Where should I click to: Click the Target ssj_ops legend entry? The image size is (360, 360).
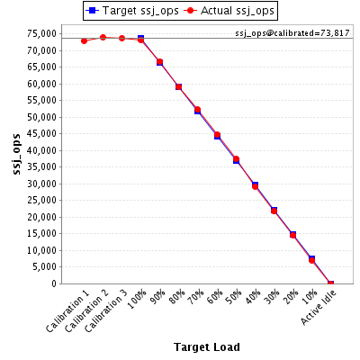[x=132, y=11]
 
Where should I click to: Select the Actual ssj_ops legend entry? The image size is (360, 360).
[x=229, y=11]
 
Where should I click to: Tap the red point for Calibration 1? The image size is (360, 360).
[x=84, y=40]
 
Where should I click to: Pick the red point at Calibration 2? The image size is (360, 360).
[x=103, y=38]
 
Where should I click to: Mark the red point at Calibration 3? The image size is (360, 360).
[x=121, y=39]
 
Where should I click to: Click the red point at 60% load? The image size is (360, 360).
[x=217, y=135]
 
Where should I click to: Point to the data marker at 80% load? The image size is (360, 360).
[x=178, y=87]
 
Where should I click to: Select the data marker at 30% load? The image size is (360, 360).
[x=274, y=211]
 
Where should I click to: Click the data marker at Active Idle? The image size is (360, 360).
[x=330, y=283]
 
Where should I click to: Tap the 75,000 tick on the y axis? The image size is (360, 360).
[x=41, y=33]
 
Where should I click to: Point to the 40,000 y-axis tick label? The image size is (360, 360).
[x=41, y=150]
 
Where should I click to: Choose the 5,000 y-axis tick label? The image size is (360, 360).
[x=44, y=266]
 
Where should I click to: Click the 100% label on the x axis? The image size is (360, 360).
[x=137, y=299]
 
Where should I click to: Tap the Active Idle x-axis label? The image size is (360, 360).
[x=319, y=308]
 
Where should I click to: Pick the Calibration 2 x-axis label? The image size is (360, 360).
[x=86, y=311]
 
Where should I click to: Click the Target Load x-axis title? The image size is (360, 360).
[x=207, y=347]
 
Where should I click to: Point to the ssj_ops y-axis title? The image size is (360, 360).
[x=17, y=154]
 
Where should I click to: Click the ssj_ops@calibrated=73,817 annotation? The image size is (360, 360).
[x=292, y=33]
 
